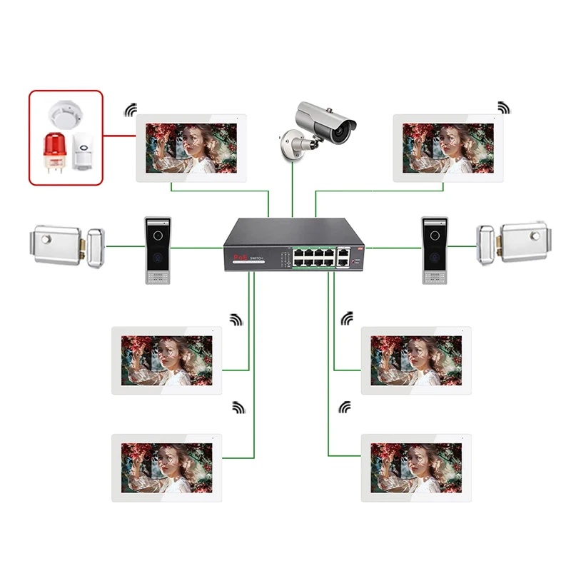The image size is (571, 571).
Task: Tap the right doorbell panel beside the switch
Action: click(x=434, y=250)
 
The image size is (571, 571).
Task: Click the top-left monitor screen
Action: click(x=191, y=147)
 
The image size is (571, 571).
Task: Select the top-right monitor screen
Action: click(x=448, y=147)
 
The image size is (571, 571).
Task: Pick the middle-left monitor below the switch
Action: click(x=166, y=360)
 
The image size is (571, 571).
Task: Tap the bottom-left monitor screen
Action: click(x=166, y=467)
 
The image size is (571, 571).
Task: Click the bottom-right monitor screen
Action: click(x=415, y=467)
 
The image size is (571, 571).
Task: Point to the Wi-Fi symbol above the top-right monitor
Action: click(x=504, y=108)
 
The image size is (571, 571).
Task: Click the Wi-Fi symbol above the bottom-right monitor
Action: click(x=345, y=407)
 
